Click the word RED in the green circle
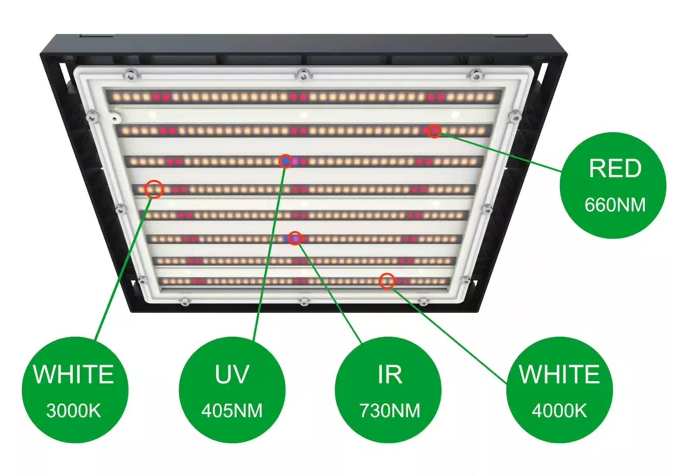[615, 168]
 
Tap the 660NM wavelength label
[615, 204]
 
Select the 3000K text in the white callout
[74, 411]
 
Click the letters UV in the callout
[232, 374]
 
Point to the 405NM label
[232, 411]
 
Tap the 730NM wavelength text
[390, 411]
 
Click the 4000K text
[559, 411]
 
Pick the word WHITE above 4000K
[559, 374]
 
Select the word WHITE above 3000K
[74, 374]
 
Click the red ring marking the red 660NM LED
[434, 131]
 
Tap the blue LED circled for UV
[286, 161]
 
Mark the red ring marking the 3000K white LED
[154, 189]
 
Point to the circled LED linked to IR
[295, 238]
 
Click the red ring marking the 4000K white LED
[386, 281]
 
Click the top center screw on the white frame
[303, 74]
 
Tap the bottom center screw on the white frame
[304, 301]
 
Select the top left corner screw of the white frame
[130, 74]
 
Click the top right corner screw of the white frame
[476, 74]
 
